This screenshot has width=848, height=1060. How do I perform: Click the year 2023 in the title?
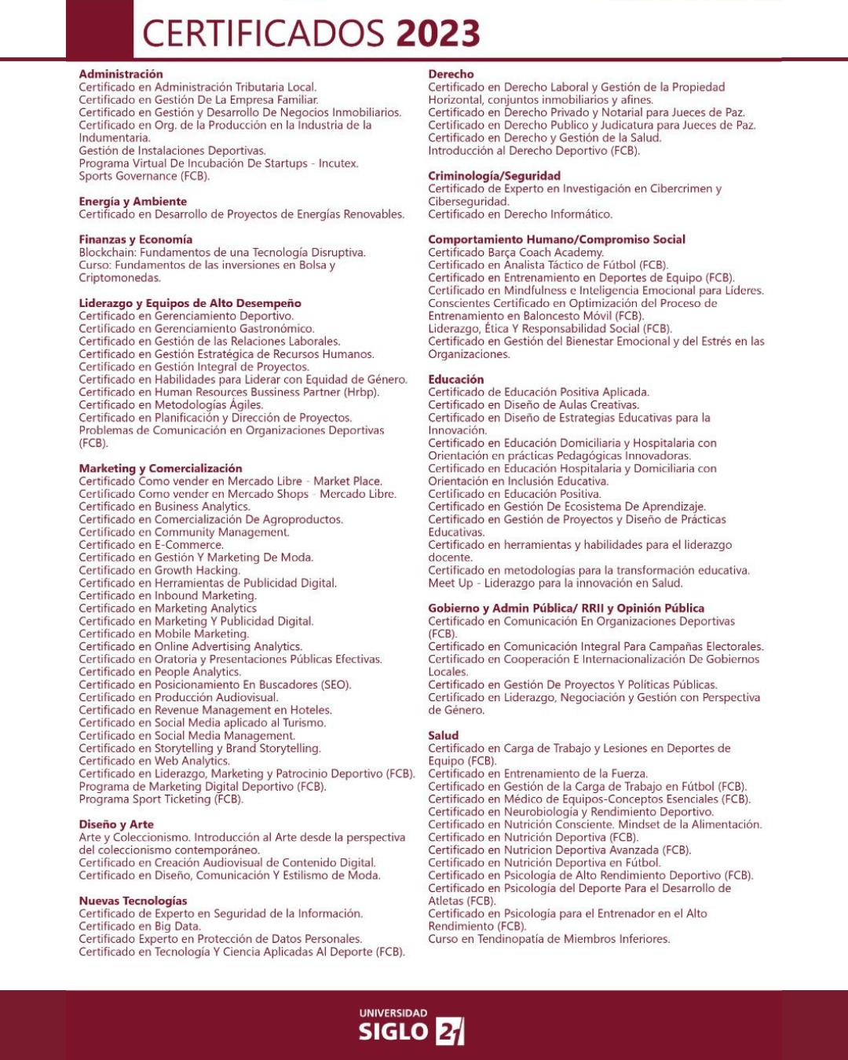coord(437,34)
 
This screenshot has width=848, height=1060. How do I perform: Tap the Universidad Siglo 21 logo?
coord(411,1027)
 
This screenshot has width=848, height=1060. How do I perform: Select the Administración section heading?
coord(121,75)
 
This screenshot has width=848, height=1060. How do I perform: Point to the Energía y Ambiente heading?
coord(133,202)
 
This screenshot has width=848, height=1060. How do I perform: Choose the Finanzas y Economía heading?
coord(135,239)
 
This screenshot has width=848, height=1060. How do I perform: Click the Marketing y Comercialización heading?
coord(160,469)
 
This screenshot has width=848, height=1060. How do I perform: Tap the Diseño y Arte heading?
coord(116,824)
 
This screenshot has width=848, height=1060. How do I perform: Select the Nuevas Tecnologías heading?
coord(133,901)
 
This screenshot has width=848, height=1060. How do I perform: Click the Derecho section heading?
coord(451,75)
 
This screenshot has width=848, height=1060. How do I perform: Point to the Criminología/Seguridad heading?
coord(494,176)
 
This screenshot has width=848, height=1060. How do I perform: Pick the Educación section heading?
coord(455,379)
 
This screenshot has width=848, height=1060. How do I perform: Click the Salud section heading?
coord(443,736)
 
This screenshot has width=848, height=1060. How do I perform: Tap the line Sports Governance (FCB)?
coord(144,176)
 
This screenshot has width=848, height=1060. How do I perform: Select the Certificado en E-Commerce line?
coord(151,545)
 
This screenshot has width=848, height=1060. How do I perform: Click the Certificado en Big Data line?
coord(140,927)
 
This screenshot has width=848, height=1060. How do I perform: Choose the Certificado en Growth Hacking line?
coord(159,570)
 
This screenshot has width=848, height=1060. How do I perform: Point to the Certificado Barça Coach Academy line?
coord(516,253)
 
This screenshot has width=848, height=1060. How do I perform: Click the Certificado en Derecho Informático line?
coord(520,214)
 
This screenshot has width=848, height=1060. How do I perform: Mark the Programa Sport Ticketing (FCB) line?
coord(161,799)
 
